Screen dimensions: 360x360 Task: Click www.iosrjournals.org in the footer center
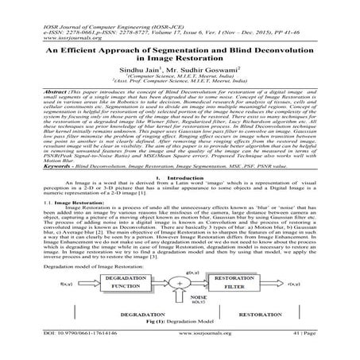click(x=179, y=346)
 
